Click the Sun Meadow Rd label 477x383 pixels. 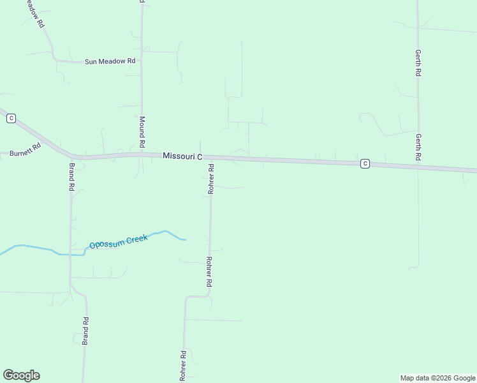tap(110, 61)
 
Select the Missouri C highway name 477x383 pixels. tap(182, 156)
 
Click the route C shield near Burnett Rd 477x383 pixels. tap(11, 118)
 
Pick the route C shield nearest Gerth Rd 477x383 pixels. tap(365, 163)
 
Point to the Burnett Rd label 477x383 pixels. tap(25, 153)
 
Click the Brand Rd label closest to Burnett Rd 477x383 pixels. tap(72, 177)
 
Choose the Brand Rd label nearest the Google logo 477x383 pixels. tap(85, 331)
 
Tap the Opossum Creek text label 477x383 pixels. tap(118, 241)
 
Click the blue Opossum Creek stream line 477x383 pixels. tap(38, 248)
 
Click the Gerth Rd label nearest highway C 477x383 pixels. tap(418, 147)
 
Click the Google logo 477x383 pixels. tap(21, 375)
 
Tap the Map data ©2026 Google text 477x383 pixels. tap(438, 378)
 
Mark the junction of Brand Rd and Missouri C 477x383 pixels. tap(72, 156)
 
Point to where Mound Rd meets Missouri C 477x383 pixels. tap(142, 154)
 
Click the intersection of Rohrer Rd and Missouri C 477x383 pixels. tap(211, 157)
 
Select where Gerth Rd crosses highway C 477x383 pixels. tap(418, 167)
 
